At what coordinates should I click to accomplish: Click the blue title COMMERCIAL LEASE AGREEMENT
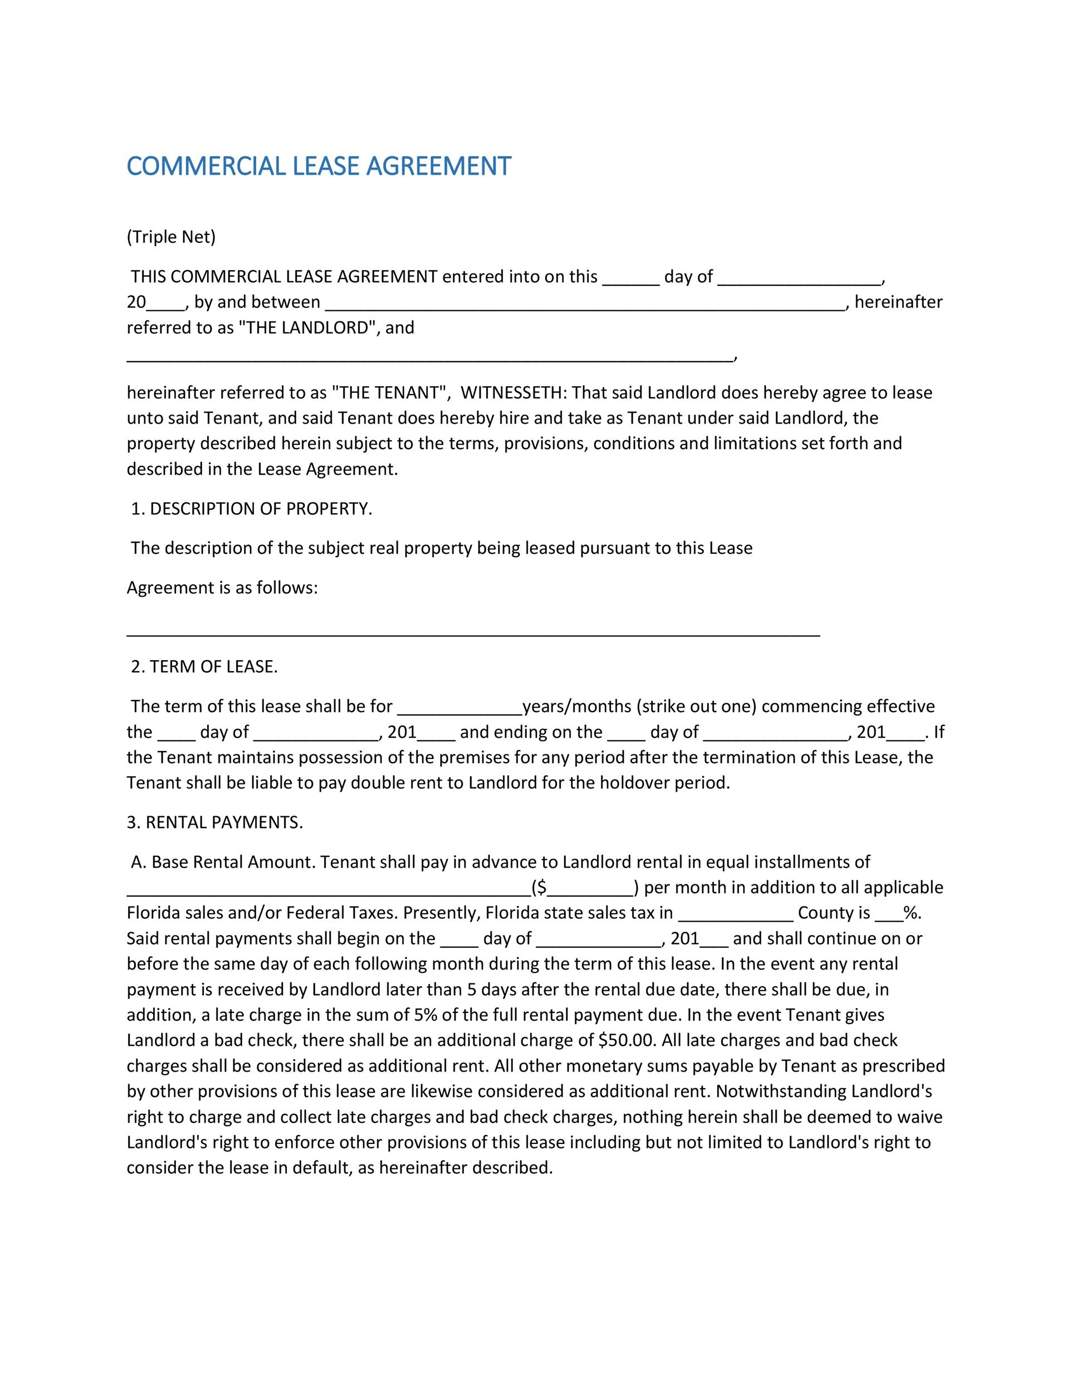click(x=319, y=166)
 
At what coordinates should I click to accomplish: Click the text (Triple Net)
click(x=171, y=237)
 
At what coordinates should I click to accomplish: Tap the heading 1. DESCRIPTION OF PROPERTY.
click(x=251, y=509)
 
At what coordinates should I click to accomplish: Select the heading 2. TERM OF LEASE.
click(x=204, y=667)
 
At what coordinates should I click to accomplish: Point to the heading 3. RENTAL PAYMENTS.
click(x=215, y=823)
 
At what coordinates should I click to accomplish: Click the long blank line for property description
click(x=473, y=634)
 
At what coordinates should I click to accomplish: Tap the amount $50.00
click(x=627, y=1040)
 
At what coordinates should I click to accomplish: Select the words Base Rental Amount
click(x=233, y=863)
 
